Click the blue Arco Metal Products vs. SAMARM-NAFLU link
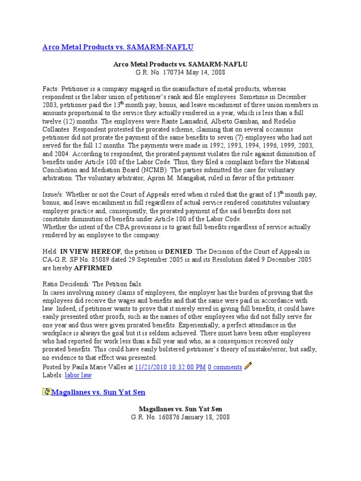[x=118, y=47]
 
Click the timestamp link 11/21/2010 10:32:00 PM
[x=170, y=367]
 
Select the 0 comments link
[x=225, y=367]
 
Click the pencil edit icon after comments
[x=248, y=366]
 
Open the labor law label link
[x=78, y=375]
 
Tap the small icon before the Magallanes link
[x=46, y=392]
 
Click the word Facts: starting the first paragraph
[x=52, y=89]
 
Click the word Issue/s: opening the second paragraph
[x=54, y=194]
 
